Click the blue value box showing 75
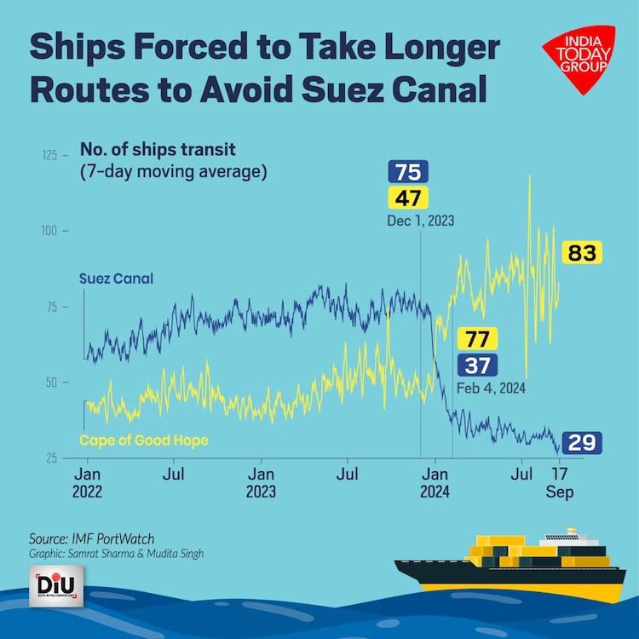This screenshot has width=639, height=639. pyautogui.click(x=408, y=173)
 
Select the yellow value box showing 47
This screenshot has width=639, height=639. pyautogui.click(x=408, y=199)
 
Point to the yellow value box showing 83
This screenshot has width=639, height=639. pyautogui.click(x=581, y=253)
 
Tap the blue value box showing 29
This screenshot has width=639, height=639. pyautogui.click(x=582, y=443)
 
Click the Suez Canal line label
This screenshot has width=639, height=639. pyautogui.click(x=116, y=279)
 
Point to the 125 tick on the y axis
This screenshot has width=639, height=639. pyautogui.click(x=53, y=156)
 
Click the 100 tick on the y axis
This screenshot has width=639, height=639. pyautogui.click(x=53, y=231)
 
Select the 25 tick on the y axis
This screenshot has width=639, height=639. pyautogui.click(x=53, y=458)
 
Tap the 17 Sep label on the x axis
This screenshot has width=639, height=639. pyautogui.click(x=558, y=482)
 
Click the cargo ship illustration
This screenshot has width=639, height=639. pyautogui.click(x=521, y=567)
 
